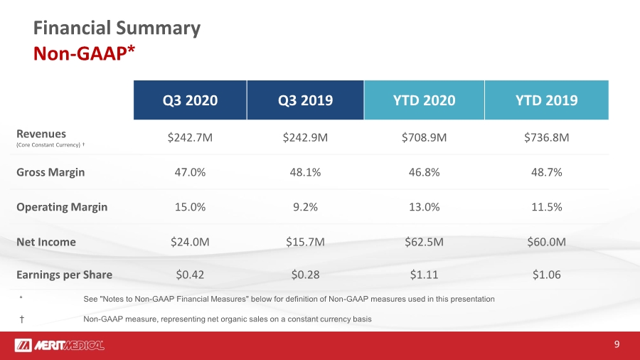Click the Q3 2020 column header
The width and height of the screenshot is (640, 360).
(x=190, y=100)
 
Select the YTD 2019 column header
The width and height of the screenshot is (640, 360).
(x=547, y=100)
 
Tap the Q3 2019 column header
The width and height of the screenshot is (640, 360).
(x=305, y=100)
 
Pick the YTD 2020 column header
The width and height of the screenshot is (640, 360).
(x=424, y=100)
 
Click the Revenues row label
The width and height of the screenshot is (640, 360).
(x=41, y=134)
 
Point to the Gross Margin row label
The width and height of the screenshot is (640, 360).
(x=50, y=172)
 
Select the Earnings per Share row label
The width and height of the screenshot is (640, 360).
(x=64, y=275)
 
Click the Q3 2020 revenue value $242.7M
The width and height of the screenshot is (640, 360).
(x=190, y=137)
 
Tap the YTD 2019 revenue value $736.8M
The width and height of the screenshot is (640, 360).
(x=547, y=137)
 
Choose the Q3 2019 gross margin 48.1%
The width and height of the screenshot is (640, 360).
(x=305, y=172)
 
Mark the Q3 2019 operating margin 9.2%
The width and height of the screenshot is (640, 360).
(x=305, y=207)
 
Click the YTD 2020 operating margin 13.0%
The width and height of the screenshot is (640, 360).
(x=424, y=207)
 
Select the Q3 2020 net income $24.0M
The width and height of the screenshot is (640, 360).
(x=190, y=242)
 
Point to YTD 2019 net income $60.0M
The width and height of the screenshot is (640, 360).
(x=547, y=242)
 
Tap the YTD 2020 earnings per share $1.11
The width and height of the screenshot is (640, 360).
(x=424, y=275)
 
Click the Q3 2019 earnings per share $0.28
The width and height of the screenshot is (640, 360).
(x=305, y=275)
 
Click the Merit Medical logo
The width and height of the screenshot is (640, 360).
(x=60, y=345)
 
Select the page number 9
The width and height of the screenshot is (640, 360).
(x=617, y=344)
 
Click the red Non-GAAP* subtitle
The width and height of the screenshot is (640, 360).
(x=84, y=53)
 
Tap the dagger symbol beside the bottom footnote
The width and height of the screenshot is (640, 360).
(x=21, y=319)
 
